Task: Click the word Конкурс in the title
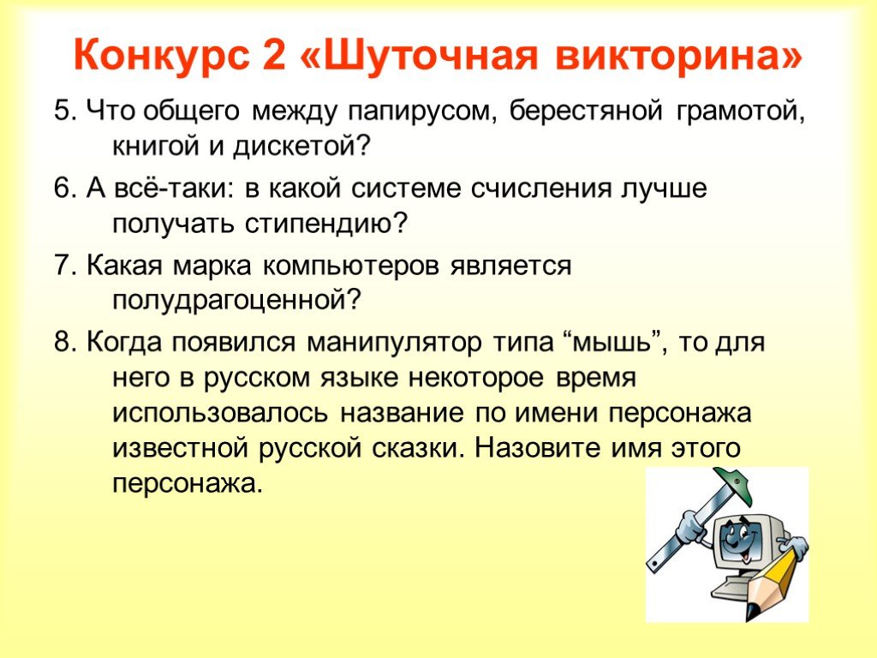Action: pyautogui.click(x=161, y=55)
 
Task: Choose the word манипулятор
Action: pyautogui.click(x=394, y=343)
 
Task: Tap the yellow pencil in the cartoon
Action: pyautogui.click(x=773, y=583)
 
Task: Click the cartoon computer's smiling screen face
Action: pyautogui.click(x=739, y=539)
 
